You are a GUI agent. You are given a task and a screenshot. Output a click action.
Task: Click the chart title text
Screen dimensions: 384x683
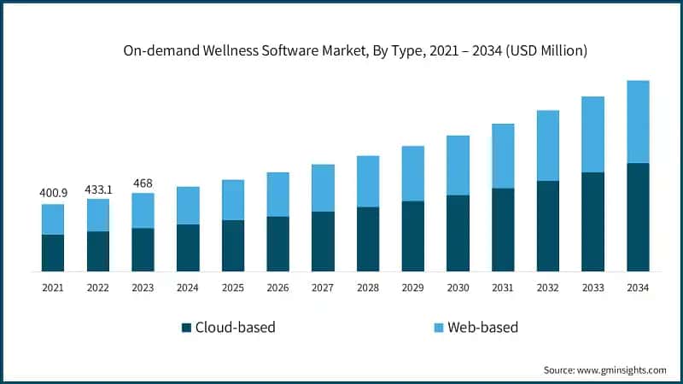coord(355,51)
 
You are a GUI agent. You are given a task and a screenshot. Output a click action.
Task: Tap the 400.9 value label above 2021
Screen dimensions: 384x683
coord(53,193)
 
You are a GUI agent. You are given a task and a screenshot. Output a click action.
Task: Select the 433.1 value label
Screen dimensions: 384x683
coord(97,188)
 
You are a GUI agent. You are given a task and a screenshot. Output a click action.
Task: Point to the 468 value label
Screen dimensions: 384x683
coord(143,182)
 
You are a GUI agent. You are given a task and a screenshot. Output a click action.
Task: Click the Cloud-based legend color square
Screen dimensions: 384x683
coord(186,328)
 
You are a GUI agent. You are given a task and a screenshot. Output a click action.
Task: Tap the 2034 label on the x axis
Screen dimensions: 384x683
coord(637,288)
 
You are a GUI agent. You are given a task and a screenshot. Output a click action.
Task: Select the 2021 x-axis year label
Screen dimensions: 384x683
coord(53,288)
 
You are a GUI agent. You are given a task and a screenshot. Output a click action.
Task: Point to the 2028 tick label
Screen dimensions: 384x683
coord(367,288)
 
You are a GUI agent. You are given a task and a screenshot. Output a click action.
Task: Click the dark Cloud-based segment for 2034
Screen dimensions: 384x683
coord(638,217)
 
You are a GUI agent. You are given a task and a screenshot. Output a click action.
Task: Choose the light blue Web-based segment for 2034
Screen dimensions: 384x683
coord(638,121)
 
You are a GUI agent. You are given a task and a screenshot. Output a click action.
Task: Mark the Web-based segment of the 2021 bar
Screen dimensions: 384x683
coord(53,219)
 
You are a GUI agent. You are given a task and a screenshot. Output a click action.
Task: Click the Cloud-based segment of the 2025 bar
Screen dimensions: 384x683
coord(233,246)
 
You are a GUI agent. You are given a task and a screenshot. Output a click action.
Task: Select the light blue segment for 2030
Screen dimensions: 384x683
coord(458,165)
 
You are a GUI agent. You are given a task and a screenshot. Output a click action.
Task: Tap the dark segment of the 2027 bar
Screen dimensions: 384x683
coord(323,241)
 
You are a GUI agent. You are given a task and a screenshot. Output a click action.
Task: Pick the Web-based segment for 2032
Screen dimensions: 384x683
coord(547,145)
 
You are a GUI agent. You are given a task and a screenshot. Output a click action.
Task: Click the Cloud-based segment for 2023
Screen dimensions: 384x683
coord(143,249)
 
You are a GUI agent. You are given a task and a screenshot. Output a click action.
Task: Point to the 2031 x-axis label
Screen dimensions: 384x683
coord(502,288)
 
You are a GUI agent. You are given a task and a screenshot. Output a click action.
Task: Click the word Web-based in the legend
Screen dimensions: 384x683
coord(482,328)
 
